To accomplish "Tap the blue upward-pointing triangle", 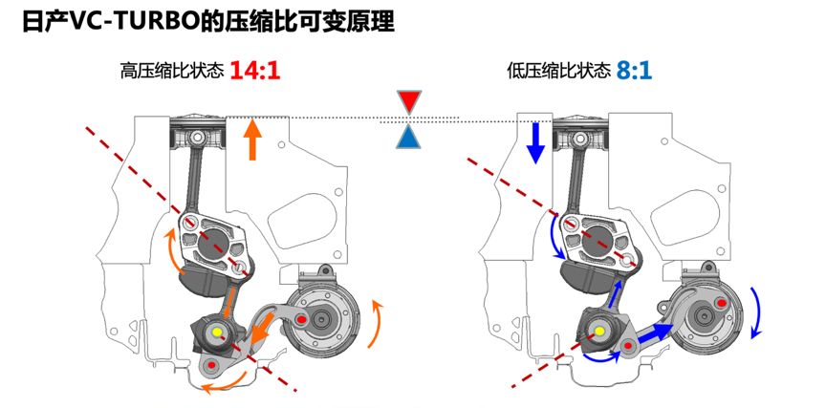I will tap(409, 138).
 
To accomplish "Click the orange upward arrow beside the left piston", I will tap(252, 140).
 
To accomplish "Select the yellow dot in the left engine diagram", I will tap(217, 332).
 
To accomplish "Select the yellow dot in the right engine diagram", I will tap(599, 332).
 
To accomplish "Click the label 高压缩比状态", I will tap(172, 71).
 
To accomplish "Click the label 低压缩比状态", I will tap(559, 71).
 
